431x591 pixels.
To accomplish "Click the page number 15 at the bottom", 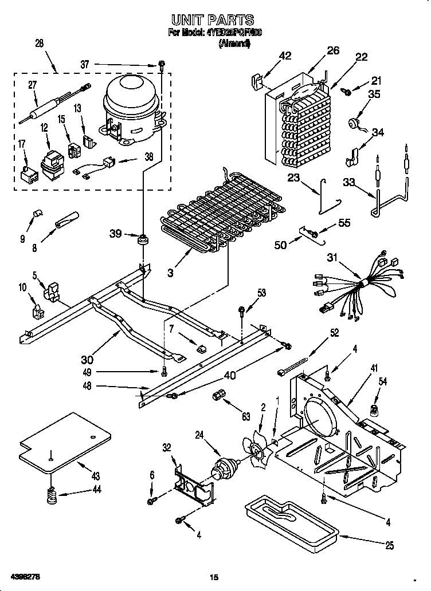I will [214, 576].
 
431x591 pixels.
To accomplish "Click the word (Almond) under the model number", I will [234, 44].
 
